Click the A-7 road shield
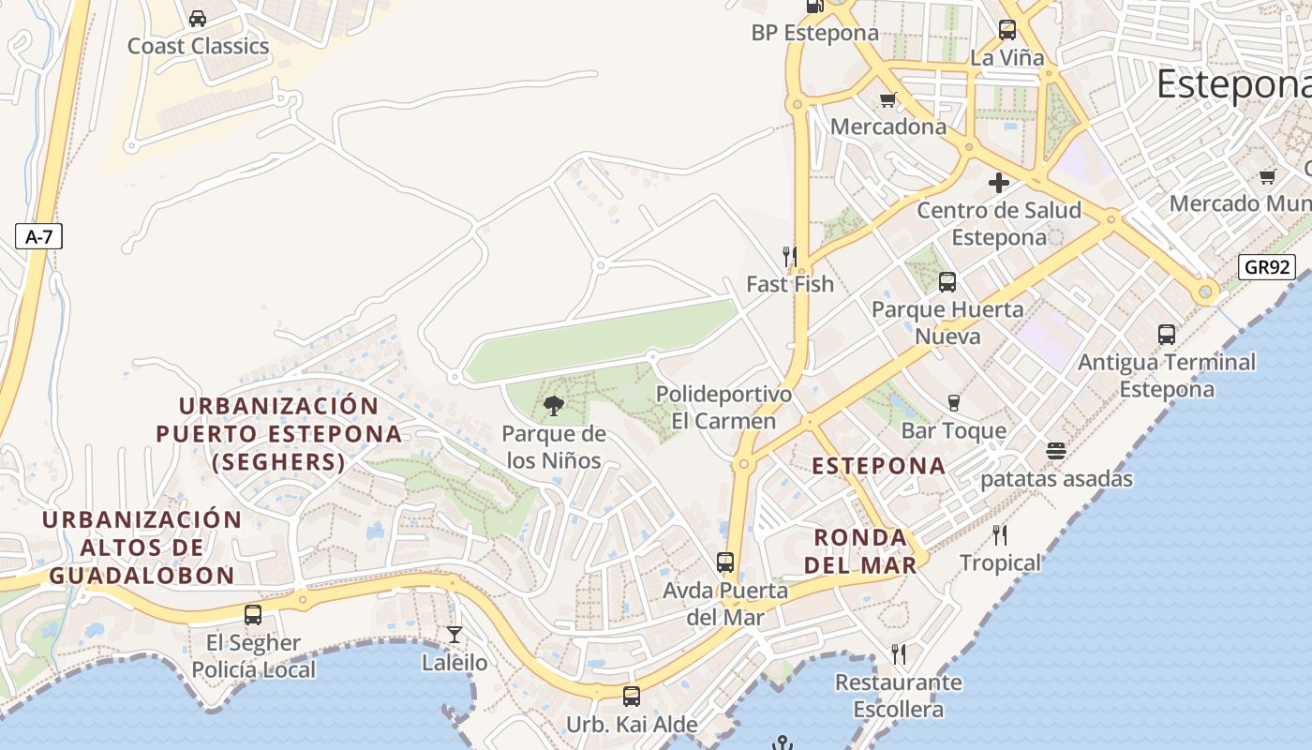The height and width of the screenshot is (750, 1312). pyautogui.click(x=38, y=237)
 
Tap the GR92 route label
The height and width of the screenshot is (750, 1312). pyautogui.click(x=1267, y=267)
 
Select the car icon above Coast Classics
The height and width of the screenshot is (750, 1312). pyautogui.click(x=198, y=18)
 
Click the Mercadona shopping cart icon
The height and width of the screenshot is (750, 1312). pyautogui.click(x=887, y=98)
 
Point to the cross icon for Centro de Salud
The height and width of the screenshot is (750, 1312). pyautogui.click(x=999, y=183)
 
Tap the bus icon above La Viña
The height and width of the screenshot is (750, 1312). pyautogui.click(x=1007, y=30)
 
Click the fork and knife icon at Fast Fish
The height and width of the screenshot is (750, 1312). pyautogui.click(x=790, y=256)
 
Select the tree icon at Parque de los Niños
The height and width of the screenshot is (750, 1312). pyautogui.click(x=554, y=406)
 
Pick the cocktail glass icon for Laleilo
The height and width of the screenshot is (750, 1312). pyautogui.click(x=455, y=635)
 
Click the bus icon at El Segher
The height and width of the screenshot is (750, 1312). pyautogui.click(x=253, y=615)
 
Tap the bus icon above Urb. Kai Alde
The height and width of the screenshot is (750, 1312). pyautogui.click(x=632, y=697)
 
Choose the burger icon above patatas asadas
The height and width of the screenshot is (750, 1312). pyautogui.click(x=1056, y=451)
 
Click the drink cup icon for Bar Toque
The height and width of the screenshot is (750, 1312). pyautogui.click(x=954, y=403)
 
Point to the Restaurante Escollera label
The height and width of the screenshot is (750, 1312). pyautogui.click(x=898, y=696)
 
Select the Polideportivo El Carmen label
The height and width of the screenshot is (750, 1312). pyautogui.click(x=723, y=408)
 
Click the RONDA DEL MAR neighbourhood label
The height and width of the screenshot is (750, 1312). pyautogui.click(x=860, y=551)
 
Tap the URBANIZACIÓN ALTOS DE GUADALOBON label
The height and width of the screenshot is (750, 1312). pyautogui.click(x=142, y=547)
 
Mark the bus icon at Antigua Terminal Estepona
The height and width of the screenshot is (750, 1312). pyautogui.click(x=1167, y=335)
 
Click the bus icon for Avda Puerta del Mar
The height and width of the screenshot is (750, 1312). pyautogui.click(x=725, y=562)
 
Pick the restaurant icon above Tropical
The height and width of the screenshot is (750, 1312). pyautogui.click(x=1000, y=535)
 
